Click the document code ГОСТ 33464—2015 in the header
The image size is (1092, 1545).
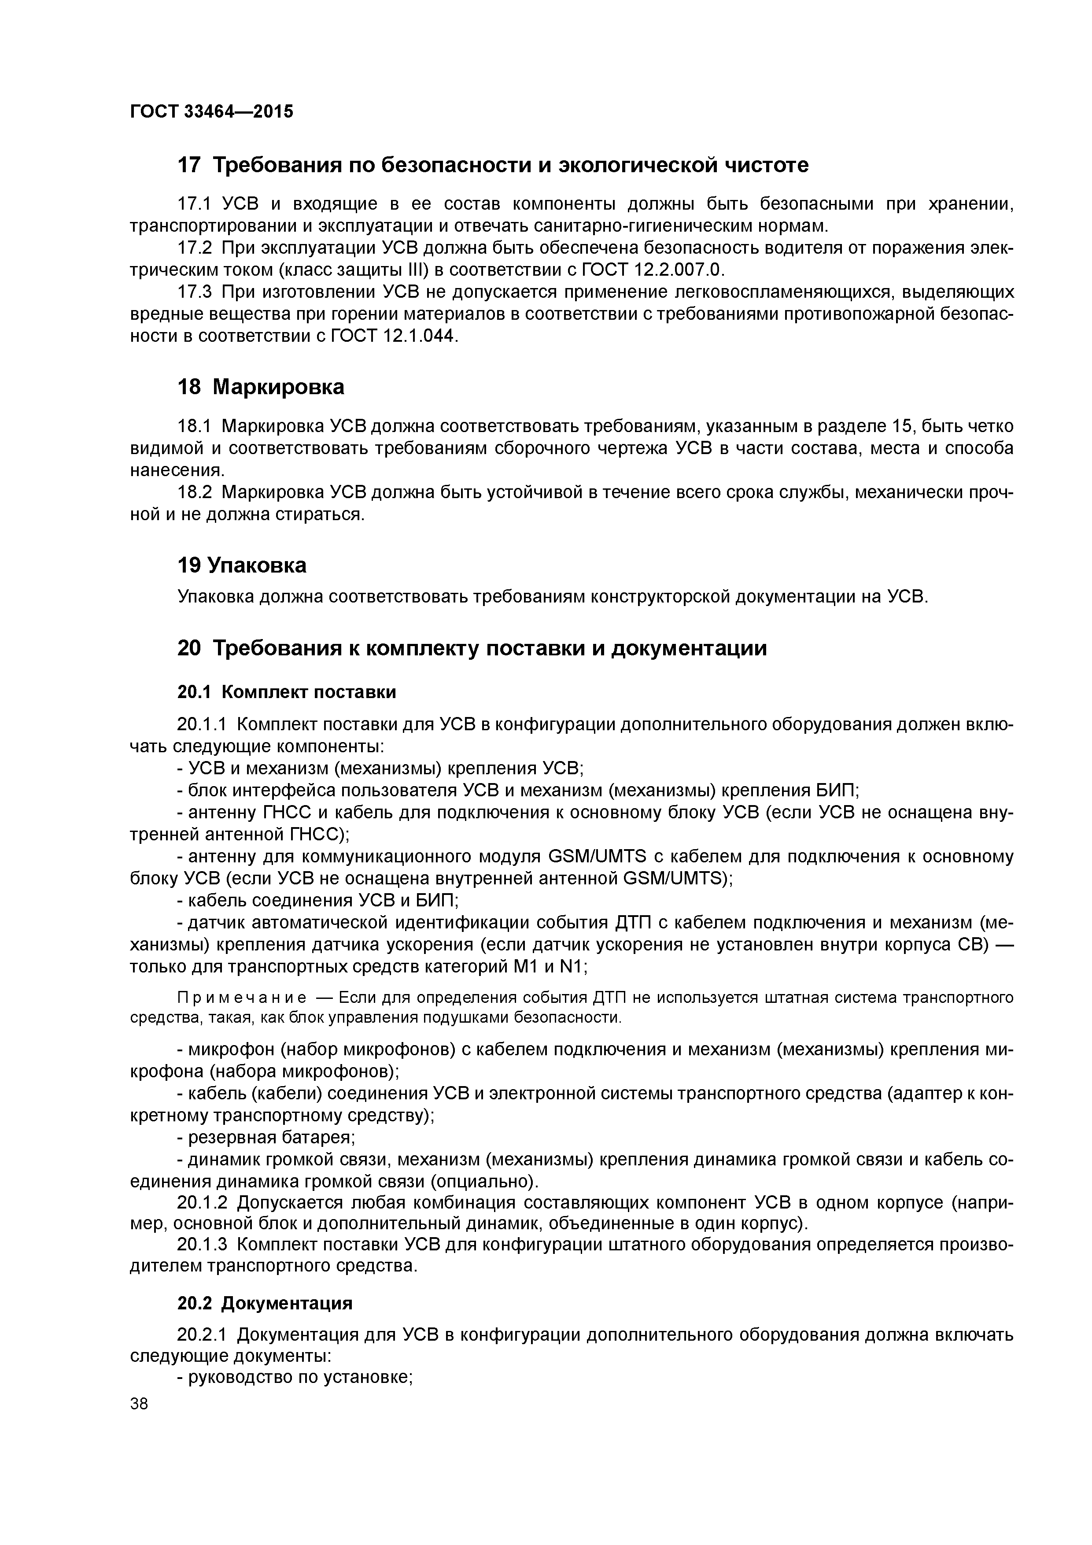click(x=211, y=112)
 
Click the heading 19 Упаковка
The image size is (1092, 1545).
click(x=242, y=565)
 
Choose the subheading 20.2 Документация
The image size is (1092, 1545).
click(x=265, y=1303)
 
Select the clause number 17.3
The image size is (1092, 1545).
click(x=195, y=292)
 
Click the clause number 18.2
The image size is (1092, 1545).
click(x=195, y=492)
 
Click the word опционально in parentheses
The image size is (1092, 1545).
click(x=484, y=1182)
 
